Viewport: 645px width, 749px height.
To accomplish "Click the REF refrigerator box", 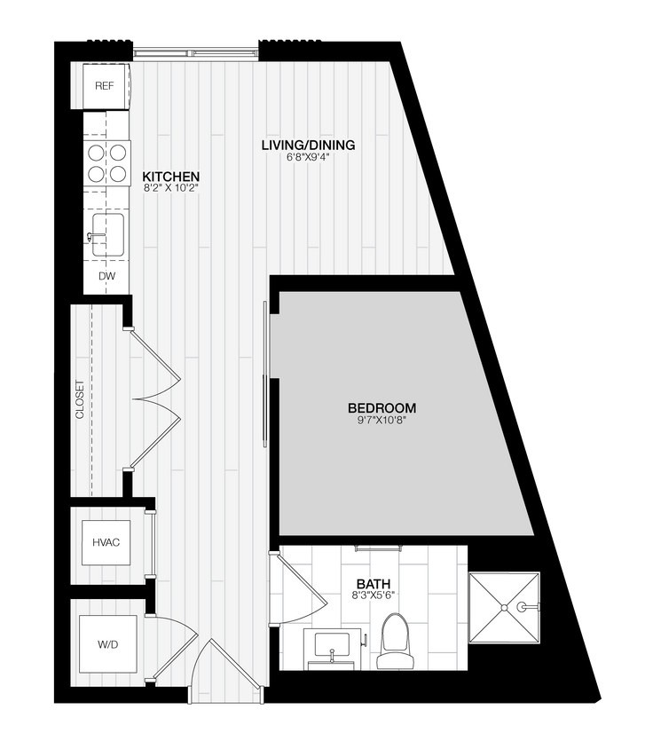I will coord(106,86).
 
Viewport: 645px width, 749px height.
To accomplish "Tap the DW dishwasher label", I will coord(106,276).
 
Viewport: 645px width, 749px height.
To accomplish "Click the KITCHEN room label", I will coord(171,177).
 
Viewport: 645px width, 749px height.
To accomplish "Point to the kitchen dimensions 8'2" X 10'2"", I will coord(171,189).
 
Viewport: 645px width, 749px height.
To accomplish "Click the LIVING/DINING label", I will coord(308,145).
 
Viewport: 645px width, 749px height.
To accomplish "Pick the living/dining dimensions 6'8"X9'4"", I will coord(308,157).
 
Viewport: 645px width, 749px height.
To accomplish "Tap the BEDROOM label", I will coord(381,408).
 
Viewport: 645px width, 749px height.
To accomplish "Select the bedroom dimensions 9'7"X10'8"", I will coord(381,421).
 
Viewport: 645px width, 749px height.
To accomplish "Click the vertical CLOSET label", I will coord(80,399).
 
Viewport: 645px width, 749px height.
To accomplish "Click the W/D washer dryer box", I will coord(106,643).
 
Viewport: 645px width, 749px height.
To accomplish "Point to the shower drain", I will coord(506,607).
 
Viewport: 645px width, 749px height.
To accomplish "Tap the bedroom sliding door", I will coord(264,377).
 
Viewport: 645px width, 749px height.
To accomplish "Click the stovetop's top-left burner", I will coord(96,153).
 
